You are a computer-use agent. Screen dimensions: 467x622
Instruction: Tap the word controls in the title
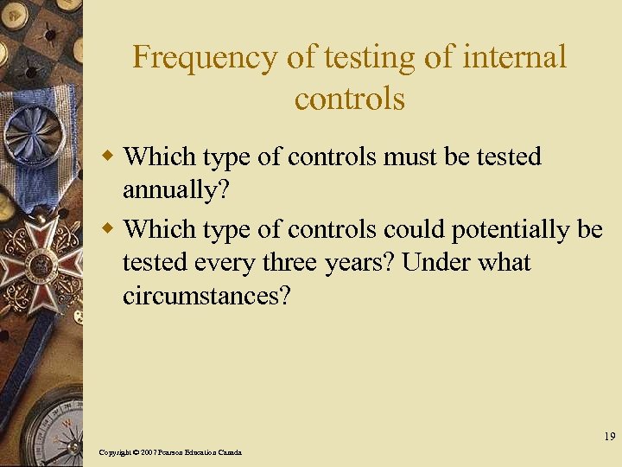pos(349,99)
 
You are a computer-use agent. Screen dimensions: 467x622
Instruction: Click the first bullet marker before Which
pos(108,157)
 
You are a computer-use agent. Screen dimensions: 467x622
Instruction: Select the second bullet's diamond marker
pos(108,229)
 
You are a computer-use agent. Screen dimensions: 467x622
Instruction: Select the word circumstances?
pos(207,296)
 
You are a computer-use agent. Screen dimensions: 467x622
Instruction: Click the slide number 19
pos(610,437)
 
